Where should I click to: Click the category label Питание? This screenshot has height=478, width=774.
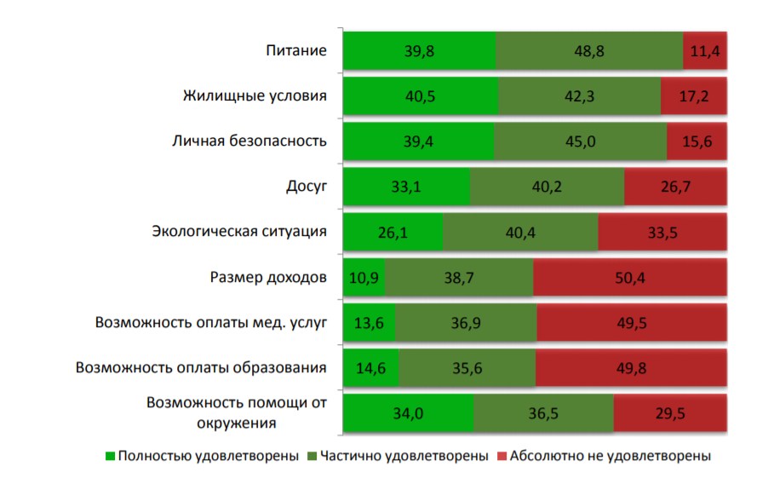point(295,50)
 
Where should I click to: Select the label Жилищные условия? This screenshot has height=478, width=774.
point(255,95)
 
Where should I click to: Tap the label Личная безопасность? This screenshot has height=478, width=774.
point(249,141)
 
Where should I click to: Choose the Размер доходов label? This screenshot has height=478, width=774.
point(268,277)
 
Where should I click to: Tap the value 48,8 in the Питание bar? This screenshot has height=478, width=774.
point(589,51)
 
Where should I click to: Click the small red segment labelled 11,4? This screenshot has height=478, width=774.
point(705,51)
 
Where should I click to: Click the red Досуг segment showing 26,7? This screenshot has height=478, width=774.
point(674,187)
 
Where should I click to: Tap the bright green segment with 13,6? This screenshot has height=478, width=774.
point(368,323)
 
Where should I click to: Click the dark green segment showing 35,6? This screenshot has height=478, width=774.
point(467,368)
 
